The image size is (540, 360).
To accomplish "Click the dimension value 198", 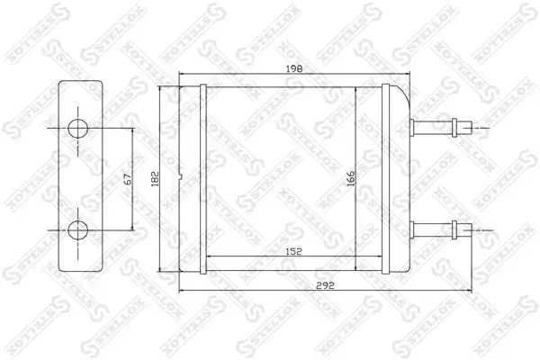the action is (x=294, y=69).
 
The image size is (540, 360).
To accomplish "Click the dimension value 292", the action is (x=325, y=285).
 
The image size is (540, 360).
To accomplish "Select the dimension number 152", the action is (x=293, y=251).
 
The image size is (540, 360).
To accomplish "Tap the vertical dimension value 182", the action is (x=156, y=178).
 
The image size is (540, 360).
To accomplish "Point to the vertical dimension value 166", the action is (x=350, y=178).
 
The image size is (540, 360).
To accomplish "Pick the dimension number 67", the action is (x=128, y=179).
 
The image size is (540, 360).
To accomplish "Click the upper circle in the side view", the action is (x=77, y=129).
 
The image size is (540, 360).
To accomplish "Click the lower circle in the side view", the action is (x=77, y=229).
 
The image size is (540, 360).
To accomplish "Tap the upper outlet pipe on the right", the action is (x=441, y=128).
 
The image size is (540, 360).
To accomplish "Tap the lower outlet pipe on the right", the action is (x=441, y=229).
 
